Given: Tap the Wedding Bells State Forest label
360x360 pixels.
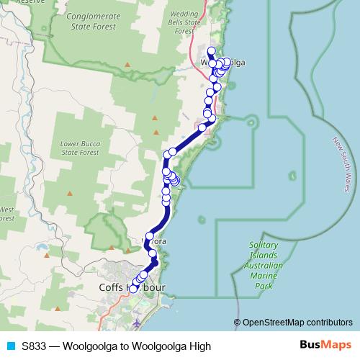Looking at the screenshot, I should tap(183, 23).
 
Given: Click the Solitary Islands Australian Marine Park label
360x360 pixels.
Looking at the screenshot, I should tap(257, 265).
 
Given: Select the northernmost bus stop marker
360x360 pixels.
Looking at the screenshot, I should tap(211, 50).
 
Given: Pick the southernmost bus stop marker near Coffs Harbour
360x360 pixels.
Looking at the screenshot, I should tap(132, 289).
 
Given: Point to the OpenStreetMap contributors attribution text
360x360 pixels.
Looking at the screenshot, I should tap(297, 322).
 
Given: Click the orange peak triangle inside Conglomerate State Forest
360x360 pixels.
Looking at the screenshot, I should tap(127, 66).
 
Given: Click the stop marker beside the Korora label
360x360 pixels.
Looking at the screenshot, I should tap(150, 235).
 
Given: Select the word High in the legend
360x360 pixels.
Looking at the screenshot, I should tap(198, 346).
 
